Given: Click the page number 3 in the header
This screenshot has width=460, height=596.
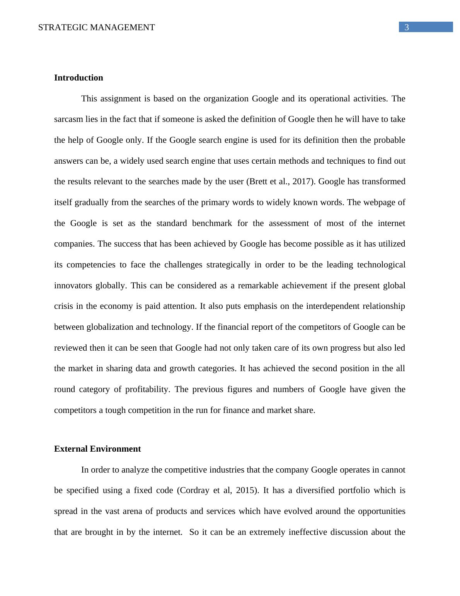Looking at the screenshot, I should tap(407, 27).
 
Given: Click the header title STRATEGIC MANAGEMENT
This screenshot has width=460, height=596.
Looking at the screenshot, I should tap(97, 27).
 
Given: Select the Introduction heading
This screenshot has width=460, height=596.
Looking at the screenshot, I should tap(78, 78).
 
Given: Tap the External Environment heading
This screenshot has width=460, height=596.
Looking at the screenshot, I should tap(97, 449).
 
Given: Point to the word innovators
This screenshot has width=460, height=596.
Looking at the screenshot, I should tap(73, 286).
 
